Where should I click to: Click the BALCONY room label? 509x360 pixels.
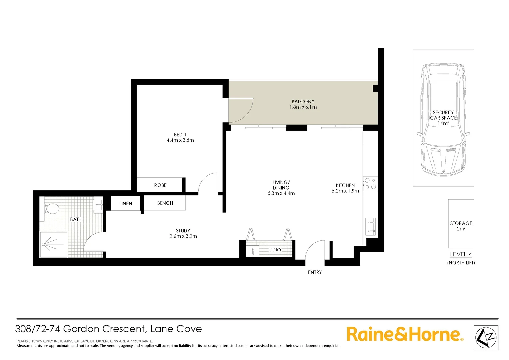point(303,101)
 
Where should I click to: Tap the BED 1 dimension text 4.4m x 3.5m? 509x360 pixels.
point(180,140)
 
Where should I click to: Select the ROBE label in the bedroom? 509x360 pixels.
point(160,185)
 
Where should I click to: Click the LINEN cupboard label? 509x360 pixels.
point(125,204)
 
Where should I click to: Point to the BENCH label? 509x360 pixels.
point(165,203)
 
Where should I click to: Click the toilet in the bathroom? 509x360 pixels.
point(51,209)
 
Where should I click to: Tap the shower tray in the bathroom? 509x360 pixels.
point(53,244)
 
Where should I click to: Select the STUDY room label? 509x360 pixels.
point(183,231)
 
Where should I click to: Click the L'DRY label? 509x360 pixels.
point(275,250)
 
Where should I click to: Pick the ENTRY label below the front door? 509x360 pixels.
point(315,272)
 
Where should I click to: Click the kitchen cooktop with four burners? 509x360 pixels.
point(370,184)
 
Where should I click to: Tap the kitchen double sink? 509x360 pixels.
point(370,227)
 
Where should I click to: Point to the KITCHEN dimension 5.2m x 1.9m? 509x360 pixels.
point(345,191)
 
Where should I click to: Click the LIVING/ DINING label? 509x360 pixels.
point(281,185)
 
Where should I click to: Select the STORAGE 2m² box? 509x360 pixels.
point(461,224)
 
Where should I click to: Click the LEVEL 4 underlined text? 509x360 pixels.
point(461,254)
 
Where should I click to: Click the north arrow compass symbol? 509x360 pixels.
point(486,338)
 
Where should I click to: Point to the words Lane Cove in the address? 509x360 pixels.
point(176,329)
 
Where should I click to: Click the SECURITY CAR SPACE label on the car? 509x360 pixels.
point(443,115)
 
